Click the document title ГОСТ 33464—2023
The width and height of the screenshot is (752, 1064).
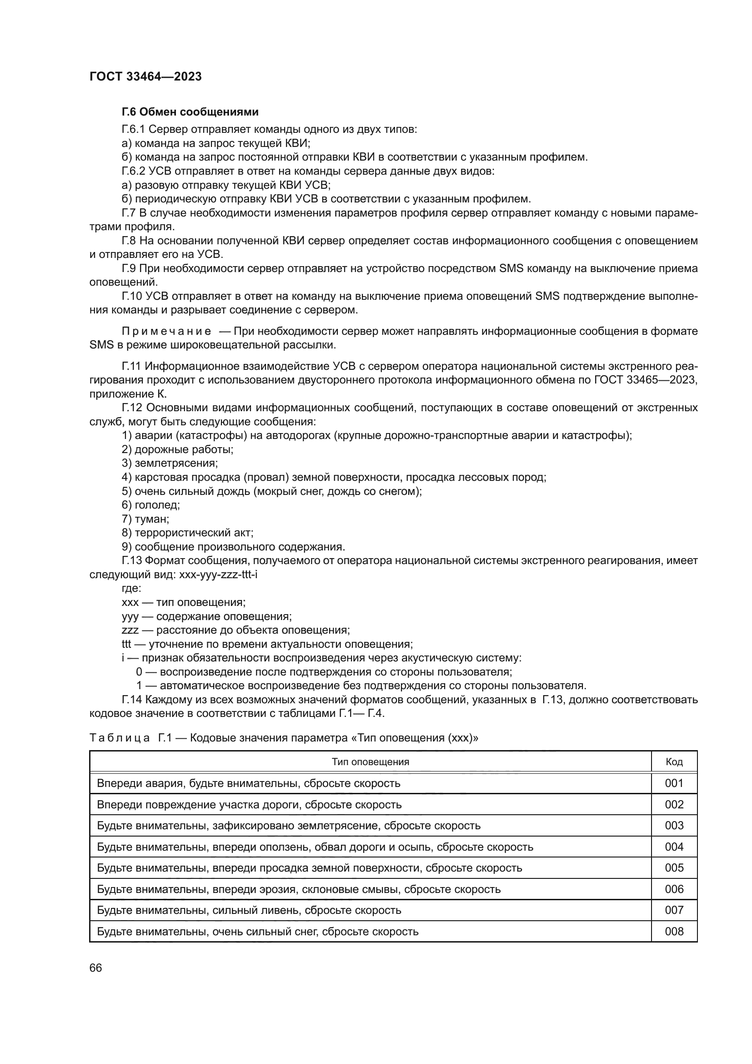pyautogui.click(x=145, y=77)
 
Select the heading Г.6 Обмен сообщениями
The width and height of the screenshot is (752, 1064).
pyautogui.click(x=190, y=112)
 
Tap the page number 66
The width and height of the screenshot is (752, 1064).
pyautogui.click(x=95, y=968)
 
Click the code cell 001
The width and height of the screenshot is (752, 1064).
pyautogui.click(x=674, y=783)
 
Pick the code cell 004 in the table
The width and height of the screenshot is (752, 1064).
pyautogui.click(x=674, y=847)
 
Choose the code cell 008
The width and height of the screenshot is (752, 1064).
pyautogui.click(x=674, y=931)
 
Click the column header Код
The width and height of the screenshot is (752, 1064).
pyautogui.click(x=674, y=762)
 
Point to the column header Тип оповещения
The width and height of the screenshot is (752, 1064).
pyautogui.click(x=370, y=762)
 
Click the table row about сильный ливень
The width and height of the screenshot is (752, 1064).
pyautogui.click(x=249, y=910)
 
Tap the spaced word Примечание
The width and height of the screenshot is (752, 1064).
pyautogui.click(x=166, y=331)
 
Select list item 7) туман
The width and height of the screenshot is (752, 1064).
pyautogui.click(x=145, y=519)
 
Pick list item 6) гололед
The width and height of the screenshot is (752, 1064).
pyautogui.click(x=150, y=505)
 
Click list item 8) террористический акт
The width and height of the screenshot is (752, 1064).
pyautogui.click(x=187, y=533)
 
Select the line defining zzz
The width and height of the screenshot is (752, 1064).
pyautogui.click(x=235, y=630)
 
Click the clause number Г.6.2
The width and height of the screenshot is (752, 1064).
pyautogui.click(x=133, y=171)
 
